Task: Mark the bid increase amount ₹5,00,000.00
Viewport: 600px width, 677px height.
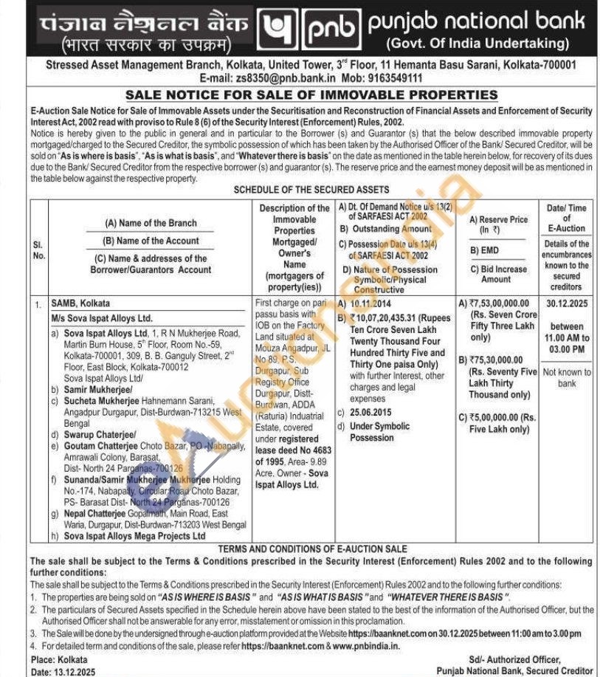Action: coord(505,417)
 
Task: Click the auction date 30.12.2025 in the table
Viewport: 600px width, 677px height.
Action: coord(566,303)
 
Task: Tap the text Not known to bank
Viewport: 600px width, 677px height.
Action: coord(566,378)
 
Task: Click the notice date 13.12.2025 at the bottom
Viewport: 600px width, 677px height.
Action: coord(72,671)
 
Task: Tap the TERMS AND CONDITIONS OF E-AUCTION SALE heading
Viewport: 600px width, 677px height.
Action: coord(313,549)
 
